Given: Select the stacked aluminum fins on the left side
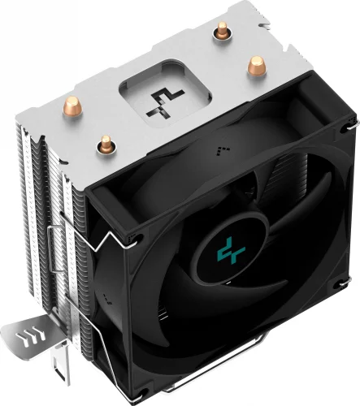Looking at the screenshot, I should click(45, 211).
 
